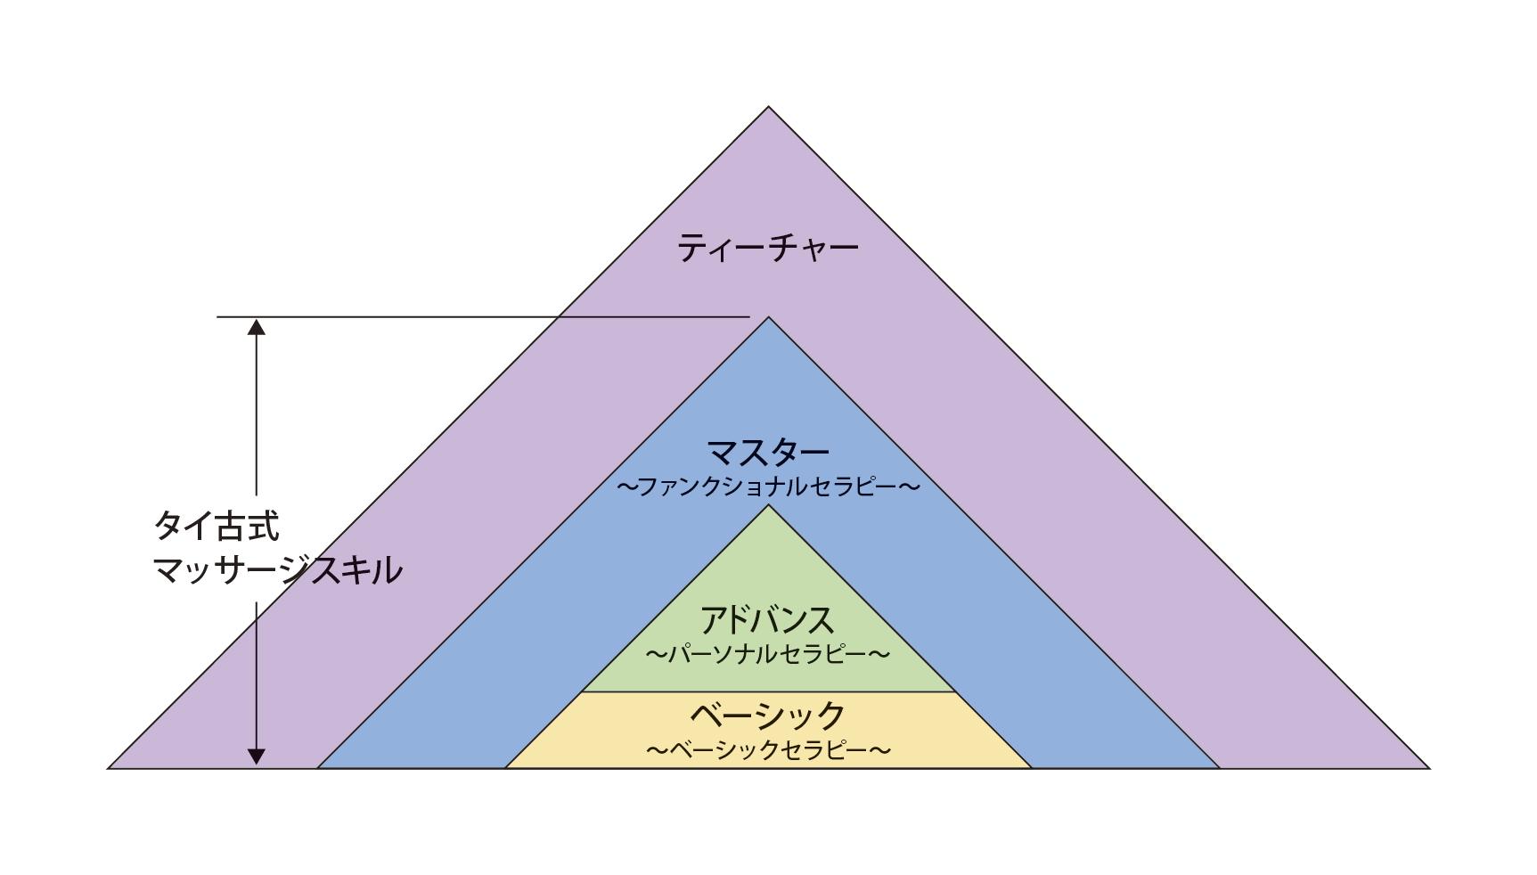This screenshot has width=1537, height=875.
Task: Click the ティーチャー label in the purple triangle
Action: pos(768,248)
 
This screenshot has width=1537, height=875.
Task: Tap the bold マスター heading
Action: pos(768,454)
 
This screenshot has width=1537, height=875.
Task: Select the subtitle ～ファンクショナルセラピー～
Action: pos(768,487)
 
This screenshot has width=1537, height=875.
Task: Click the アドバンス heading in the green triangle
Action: pos(768,620)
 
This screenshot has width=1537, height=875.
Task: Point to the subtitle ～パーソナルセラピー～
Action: pos(768,655)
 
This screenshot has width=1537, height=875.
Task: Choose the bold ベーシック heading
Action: pos(768,716)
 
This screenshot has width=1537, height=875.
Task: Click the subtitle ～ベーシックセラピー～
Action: pos(768,750)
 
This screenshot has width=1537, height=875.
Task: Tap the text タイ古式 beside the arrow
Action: pos(217,526)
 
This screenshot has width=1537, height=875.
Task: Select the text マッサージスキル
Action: pos(277,570)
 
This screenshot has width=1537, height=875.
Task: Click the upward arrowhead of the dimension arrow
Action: pos(257,326)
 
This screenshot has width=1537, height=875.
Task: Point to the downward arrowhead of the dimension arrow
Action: pos(257,756)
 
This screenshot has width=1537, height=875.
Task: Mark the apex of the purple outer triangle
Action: pos(768,109)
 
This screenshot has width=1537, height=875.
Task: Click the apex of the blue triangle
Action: pos(768,319)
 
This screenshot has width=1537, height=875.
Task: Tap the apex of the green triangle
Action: pos(768,507)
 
